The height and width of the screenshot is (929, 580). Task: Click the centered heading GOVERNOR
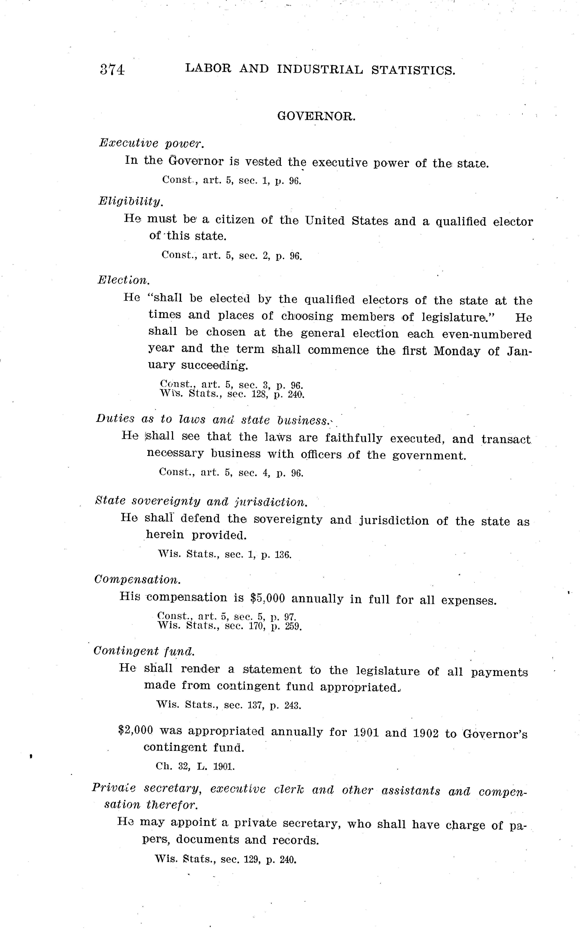click(316, 116)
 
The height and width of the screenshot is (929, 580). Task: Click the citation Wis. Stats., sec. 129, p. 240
click(226, 859)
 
